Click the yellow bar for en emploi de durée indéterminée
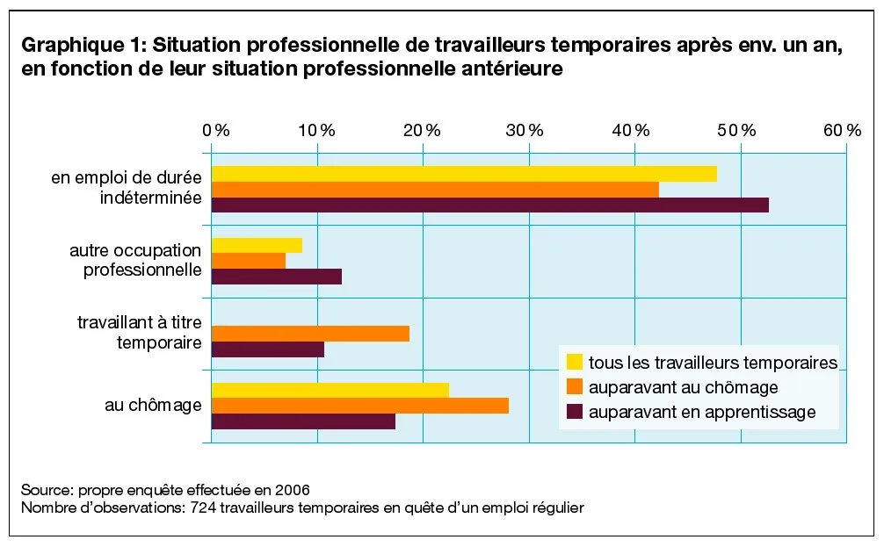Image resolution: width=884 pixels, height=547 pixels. (x=464, y=174)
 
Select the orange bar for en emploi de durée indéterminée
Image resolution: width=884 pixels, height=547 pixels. (x=435, y=190)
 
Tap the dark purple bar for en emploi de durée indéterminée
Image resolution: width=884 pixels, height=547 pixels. (x=489, y=205)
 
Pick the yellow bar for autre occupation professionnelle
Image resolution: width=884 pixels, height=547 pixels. (x=257, y=245)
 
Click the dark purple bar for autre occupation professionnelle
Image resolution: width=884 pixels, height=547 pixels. (x=276, y=277)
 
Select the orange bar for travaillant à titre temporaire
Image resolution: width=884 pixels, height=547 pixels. (x=310, y=334)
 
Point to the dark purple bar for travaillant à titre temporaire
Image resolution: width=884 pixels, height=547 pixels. (x=268, y=349)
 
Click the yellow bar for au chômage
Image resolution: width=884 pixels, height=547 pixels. (x=330, y=390)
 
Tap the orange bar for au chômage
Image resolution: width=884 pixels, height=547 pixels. (x=360, y=406)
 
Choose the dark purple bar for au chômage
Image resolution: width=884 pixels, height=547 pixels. (x=303, y=421)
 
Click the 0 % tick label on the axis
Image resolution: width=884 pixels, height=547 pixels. (x=215, y=130)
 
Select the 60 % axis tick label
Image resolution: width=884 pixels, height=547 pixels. (x=842, y=130)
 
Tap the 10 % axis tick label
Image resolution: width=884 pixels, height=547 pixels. (x=317, y=130)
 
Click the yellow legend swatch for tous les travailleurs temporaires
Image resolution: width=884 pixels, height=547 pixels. (x=575, y=362)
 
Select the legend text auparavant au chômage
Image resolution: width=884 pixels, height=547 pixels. (x=683, y=387)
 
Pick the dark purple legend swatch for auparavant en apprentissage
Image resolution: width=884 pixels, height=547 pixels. (x=575, y=412)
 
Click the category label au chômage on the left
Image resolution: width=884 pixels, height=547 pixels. (x=153, y=406)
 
